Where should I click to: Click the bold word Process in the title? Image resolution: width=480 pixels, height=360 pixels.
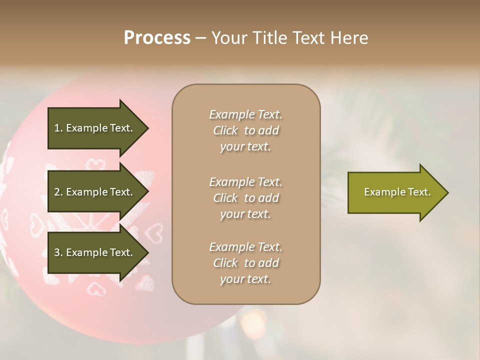pos(157,38)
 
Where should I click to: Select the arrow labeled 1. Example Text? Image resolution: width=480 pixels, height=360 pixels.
pos(95,128)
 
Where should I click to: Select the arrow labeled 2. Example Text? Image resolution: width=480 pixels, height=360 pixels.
pos(95,192)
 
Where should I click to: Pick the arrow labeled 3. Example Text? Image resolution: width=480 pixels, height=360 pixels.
pos(95,252)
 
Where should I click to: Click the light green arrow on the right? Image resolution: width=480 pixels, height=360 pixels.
pos(395,192)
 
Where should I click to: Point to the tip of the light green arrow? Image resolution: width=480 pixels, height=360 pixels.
pos(447,192)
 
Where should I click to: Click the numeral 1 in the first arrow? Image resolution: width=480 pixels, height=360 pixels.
pos(57,128)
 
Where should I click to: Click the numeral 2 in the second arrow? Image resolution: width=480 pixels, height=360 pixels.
pos(57,192)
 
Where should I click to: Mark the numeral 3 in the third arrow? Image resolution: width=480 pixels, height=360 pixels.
pos(57,252)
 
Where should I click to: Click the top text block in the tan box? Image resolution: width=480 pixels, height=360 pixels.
pos(245,130)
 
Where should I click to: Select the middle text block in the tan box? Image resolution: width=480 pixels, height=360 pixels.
pos(245,198)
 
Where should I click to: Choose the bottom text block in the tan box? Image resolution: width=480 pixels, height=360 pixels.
pos(245,263)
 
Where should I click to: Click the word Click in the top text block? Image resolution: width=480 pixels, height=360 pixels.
pos(225,131)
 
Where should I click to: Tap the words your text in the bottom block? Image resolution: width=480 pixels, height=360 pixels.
pos(245,279)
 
